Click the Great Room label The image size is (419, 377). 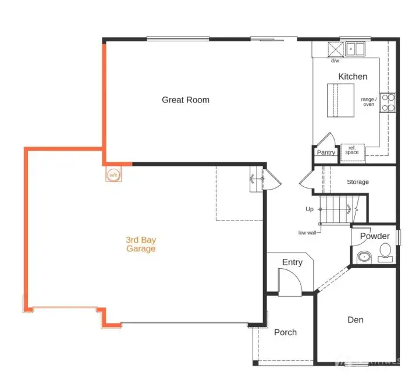click(x=185, y=100)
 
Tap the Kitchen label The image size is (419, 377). click(x=353, y=77)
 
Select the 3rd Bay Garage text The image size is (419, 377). click(x=141, y=244)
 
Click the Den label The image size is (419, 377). click(x=356, y=320)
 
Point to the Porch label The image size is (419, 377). click(x=285, y=332)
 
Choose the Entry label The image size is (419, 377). click(x=292, y=262)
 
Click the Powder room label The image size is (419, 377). click(x=374, y=236)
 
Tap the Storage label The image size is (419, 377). click(x=357, y=182)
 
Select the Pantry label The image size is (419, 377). click(x=326, y=153)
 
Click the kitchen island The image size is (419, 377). click(x=340, y=100)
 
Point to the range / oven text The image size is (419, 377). click(x=368, y=102)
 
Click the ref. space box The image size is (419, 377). click(x=351, y=151)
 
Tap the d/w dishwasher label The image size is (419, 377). click(x=335, y=61)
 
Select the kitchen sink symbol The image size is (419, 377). click(x=354, y=49)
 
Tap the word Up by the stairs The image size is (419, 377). click(x=310, y=209)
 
